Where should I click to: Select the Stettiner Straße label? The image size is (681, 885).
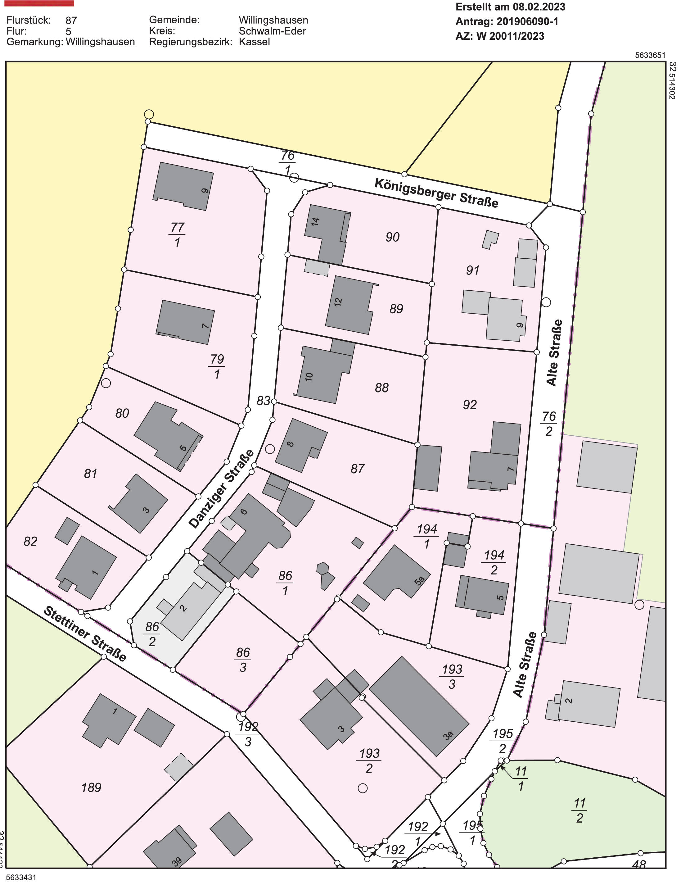[x=85, y=634]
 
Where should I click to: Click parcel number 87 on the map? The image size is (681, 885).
[x=357, y=469]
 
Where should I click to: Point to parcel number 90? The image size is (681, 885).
[x=392, y=237]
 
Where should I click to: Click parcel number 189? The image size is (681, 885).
[x=91, y=787]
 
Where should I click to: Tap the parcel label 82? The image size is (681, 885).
[x=30, y=541]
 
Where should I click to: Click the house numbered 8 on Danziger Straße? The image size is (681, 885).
[x=300, y=445]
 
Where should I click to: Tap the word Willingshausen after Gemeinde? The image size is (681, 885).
[x=273, y=20]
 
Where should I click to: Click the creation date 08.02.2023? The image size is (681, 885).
[x=539, y=7]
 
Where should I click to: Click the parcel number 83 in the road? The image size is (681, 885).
[x=263, y=401]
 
